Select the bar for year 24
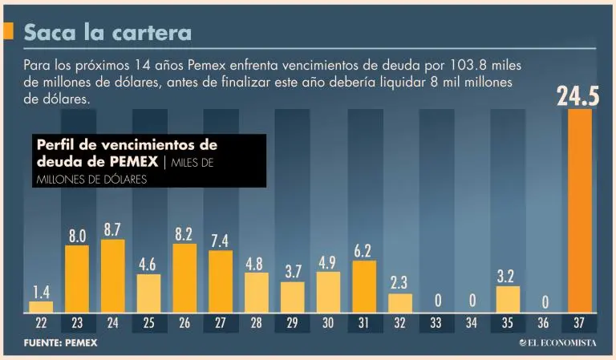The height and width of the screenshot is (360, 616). (113, 276)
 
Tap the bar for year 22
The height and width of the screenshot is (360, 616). (41, 307)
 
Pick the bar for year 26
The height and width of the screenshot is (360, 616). (184, 277)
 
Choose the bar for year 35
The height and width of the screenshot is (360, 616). (508, 299)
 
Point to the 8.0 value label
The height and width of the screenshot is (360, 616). (77, 236)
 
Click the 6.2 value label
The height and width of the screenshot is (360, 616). (363, 251)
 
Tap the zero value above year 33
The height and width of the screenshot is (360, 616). (436, 301)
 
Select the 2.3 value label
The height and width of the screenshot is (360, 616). (399, 283)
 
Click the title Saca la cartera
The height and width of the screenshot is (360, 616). (107, 33)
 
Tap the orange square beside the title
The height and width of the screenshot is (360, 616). (8, 32)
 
